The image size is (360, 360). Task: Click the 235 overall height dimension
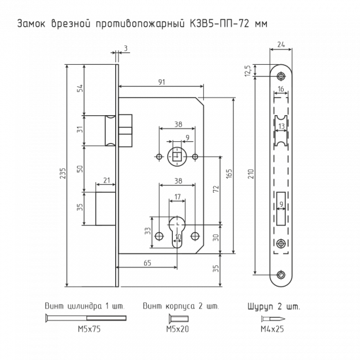(x=63, y=173)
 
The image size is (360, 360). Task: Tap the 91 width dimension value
(x=162, y=82)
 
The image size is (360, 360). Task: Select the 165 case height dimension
(x=229, y=173)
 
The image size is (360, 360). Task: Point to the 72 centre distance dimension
(x=216, y=189)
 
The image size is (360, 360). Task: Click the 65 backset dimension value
(x=147, y=263)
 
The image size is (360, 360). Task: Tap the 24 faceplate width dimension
(x=281, y=44)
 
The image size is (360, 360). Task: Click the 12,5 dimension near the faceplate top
(x=248, y=71)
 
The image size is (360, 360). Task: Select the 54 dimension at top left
(x=79, y=89)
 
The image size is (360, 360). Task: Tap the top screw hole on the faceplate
(x=281, y=76)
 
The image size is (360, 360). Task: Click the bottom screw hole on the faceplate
(x=281, y=274)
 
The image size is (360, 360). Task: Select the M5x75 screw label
(x=89, y=329)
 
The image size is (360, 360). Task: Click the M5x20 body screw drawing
(x=179, y=318)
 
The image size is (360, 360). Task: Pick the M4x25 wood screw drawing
(x=272, y=318)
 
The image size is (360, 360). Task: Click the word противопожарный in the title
(x=140, y=24)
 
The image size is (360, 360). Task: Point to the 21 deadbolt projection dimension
(x=106, y=181)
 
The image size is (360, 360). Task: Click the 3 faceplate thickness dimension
(x=126, y=48)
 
